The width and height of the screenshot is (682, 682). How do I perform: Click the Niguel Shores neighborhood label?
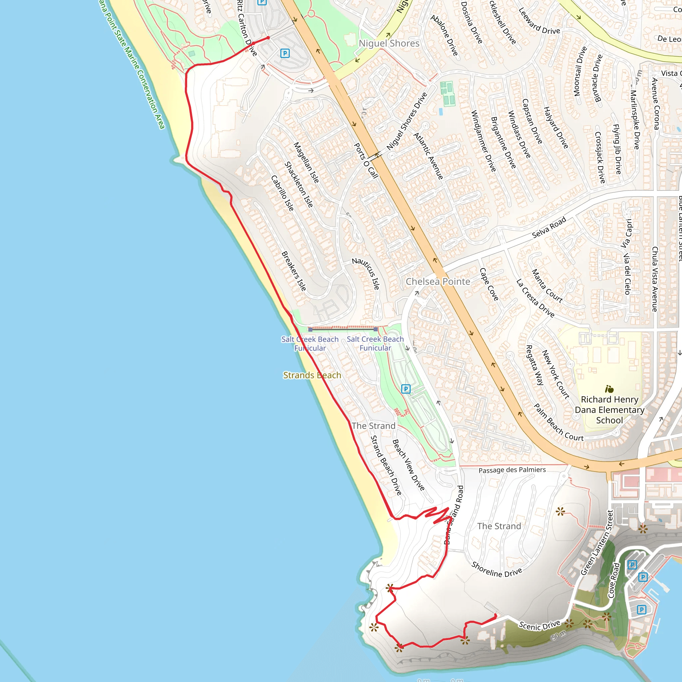389,43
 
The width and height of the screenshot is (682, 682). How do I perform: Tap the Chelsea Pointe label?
438,281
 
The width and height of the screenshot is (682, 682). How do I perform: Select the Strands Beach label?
312,375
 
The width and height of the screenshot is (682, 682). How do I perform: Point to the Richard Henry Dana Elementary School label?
609,410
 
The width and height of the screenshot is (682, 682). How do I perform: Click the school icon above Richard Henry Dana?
609,389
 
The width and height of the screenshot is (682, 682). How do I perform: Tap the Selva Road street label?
549,227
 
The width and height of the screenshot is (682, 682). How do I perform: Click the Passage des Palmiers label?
512,470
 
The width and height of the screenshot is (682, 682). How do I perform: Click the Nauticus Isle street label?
367,273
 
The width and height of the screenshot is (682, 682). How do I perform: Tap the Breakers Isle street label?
294,271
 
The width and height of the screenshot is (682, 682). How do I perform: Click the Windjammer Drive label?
484,141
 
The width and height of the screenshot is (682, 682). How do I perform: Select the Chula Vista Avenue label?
655,279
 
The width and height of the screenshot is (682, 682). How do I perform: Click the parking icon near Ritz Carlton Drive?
285,53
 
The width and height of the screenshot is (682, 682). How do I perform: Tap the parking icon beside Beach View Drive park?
406,389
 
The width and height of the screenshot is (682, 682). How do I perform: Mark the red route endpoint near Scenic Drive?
496,615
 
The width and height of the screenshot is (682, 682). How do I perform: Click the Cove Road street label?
614,581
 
